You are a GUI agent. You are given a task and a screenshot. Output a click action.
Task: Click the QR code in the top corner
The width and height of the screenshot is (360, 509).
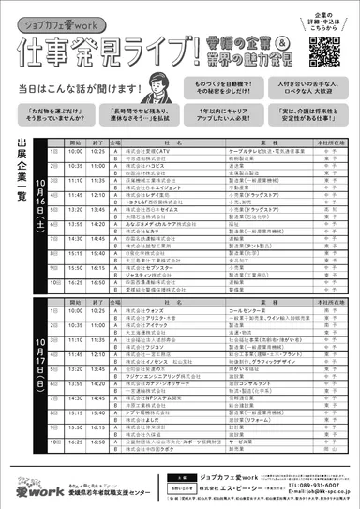322,50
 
